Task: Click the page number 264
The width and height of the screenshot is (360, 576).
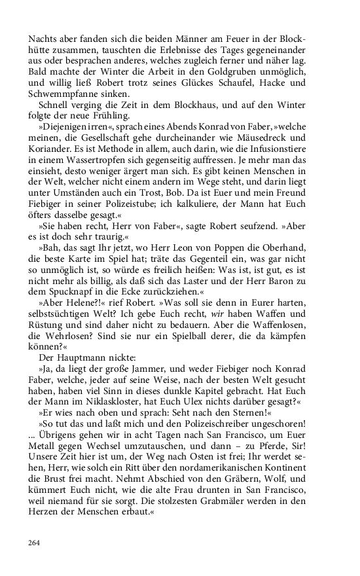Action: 35,542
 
